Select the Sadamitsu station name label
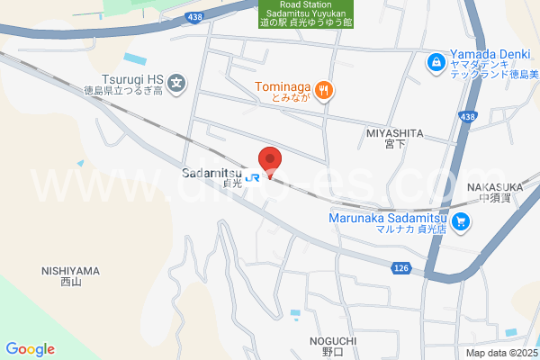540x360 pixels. tap(212, 174)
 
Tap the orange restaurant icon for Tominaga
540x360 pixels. tap(325, 89)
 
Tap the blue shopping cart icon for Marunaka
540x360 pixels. tap(462, 220)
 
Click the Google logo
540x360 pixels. tap(30, 349)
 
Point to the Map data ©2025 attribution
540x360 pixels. tap(500, 353)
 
